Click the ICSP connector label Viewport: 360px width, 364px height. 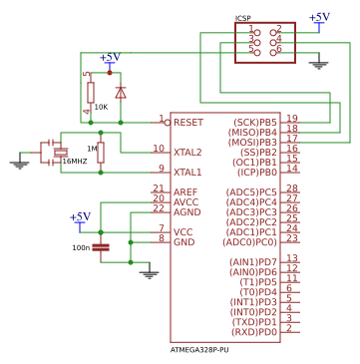point(242,18)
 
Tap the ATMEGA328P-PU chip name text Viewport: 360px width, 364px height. point(199,350)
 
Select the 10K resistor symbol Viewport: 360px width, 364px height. point(91,94)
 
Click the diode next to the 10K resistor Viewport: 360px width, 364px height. point(121,93)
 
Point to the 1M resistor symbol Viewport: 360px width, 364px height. point(101,152)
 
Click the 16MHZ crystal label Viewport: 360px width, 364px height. point(75,161)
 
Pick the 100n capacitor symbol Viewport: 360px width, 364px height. point(101,246)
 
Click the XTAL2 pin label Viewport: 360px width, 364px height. point(187,153)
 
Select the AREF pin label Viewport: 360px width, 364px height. point(185,192)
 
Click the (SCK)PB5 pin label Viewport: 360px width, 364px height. point(255,122)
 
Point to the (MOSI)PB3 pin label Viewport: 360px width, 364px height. point(254,143)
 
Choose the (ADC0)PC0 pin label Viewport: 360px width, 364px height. point(251,242)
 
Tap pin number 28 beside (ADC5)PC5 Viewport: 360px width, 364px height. point(292,188)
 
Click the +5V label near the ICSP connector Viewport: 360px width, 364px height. point(319,17)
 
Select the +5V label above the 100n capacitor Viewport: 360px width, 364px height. point(80,216)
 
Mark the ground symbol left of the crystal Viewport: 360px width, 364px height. point(19,164)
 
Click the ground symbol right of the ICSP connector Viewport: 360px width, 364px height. point(319,66)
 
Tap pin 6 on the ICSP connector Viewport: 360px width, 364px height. point(278,49)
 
